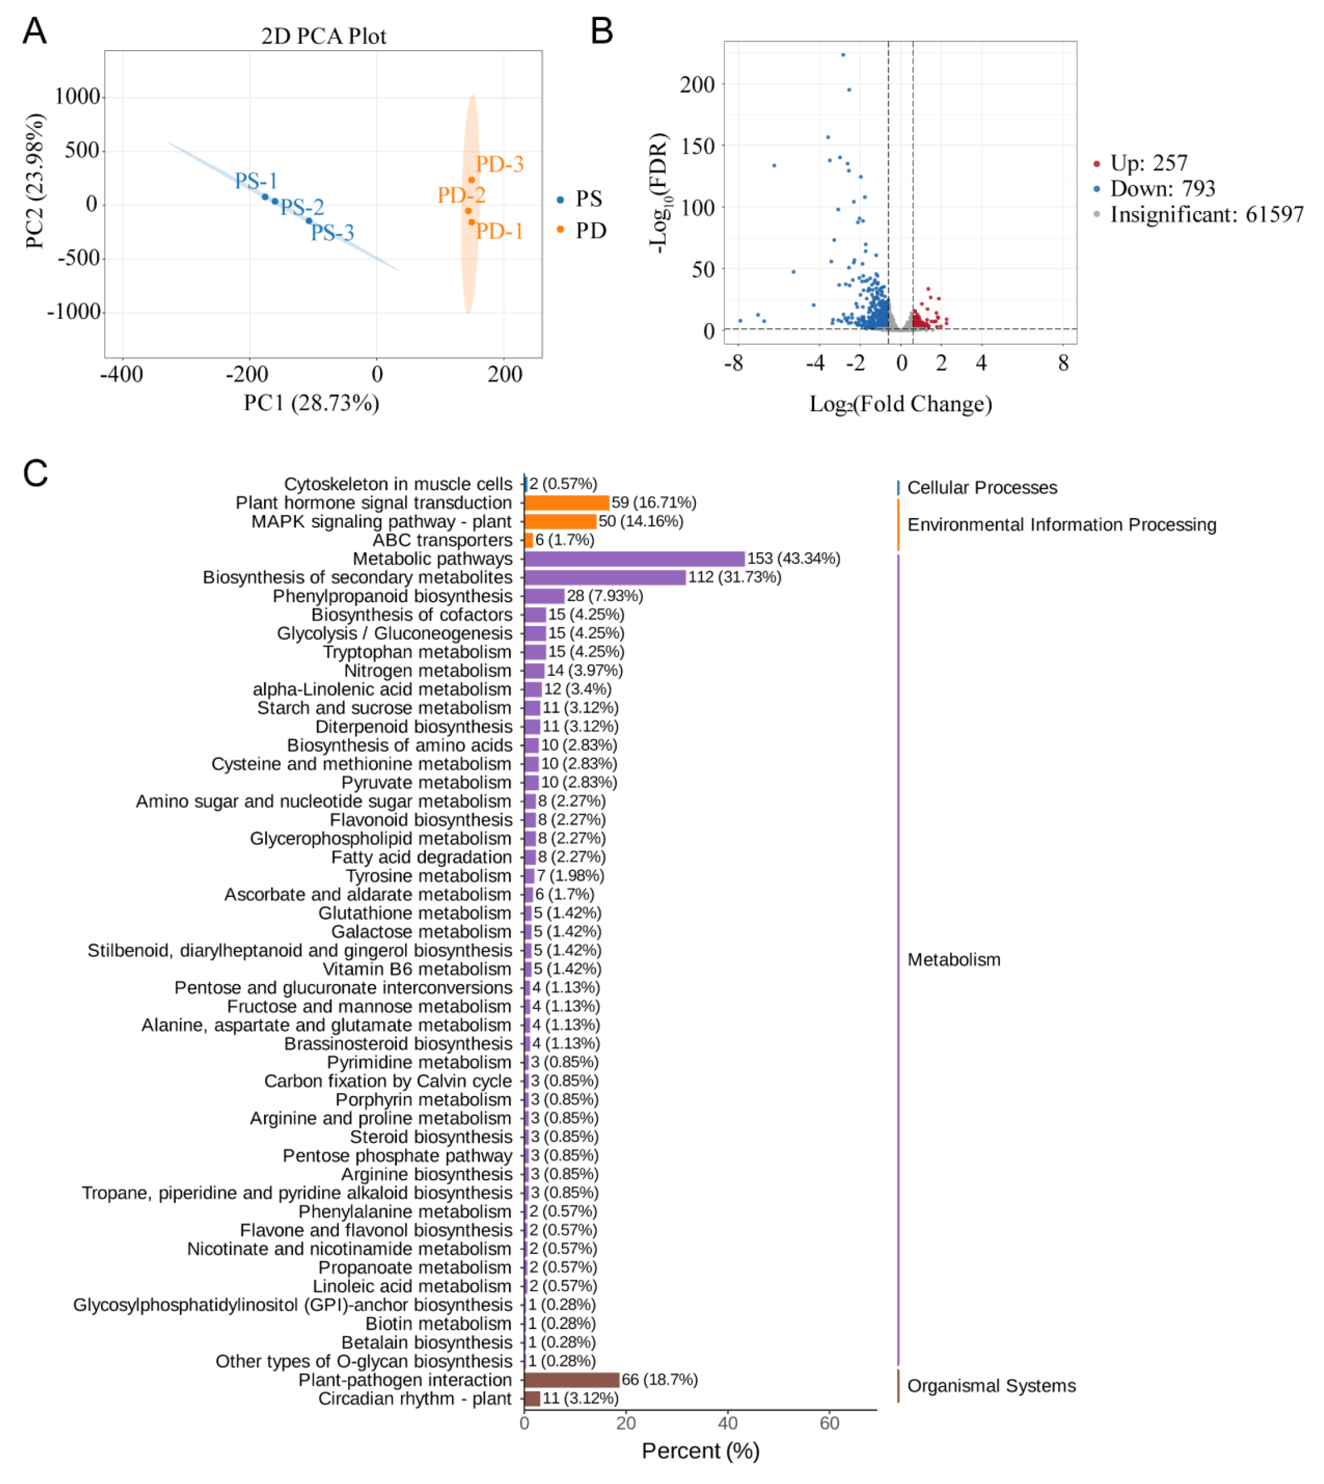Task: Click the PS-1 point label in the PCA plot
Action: pyautogui.click(x=255, y=180)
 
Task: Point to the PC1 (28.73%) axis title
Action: pyautogui.click(x=312, y=402)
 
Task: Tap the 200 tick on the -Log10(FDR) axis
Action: pyautogui.click(x=697, y=85)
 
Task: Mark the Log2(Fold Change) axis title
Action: pyautogui.click(x=900, y=404)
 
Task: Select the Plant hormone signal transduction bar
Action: pyautogui.click(x=566, y=503)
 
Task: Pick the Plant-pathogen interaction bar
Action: pyautogui.click(x=571, y=1379)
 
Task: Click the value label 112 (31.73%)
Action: pyautogui.click(x=734, y=577)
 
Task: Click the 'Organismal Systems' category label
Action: pyautogui.click(x=991, y=1386)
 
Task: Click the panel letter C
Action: pyautogui.click(x=35, y=473)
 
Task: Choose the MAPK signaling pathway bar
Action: pyautogui.click(x=559, y=522)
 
